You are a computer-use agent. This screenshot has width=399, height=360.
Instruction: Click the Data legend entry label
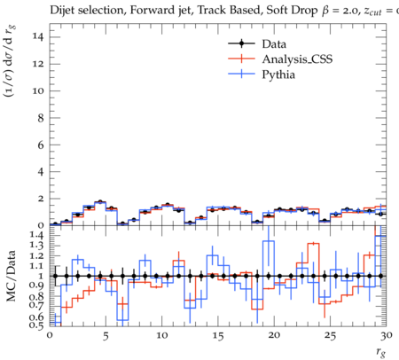(274, 44)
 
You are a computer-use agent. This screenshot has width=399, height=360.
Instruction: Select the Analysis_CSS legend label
(297, 59)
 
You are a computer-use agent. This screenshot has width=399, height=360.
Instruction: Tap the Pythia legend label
(278, 74)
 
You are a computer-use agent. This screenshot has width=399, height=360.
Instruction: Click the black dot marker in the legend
(241, 43)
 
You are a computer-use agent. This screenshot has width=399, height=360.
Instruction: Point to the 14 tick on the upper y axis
(38, 36)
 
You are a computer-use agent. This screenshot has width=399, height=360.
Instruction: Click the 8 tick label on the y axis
(41, 118)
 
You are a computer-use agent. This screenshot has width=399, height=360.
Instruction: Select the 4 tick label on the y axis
(41, 172)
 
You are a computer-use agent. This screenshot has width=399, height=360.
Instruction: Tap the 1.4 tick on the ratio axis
(37, 235)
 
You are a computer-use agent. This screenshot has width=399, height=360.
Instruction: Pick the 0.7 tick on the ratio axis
(37, 304)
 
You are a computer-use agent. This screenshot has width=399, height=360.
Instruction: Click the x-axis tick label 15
(218, 335)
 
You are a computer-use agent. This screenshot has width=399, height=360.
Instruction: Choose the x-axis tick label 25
(330, 335)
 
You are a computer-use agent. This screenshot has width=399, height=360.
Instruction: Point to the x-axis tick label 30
(387, 335)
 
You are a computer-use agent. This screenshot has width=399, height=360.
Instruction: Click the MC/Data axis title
(12, 276)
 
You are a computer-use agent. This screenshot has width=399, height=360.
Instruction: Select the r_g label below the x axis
(381, 352)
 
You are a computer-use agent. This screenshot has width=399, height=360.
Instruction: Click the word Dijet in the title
(62, 11)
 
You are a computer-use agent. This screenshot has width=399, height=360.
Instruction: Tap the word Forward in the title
(152, 11)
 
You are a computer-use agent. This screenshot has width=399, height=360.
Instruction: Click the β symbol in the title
(325, 11)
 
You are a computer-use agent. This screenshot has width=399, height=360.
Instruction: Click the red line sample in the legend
(241, 59)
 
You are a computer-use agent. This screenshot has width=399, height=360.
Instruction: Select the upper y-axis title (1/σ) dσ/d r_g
(10, 61)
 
